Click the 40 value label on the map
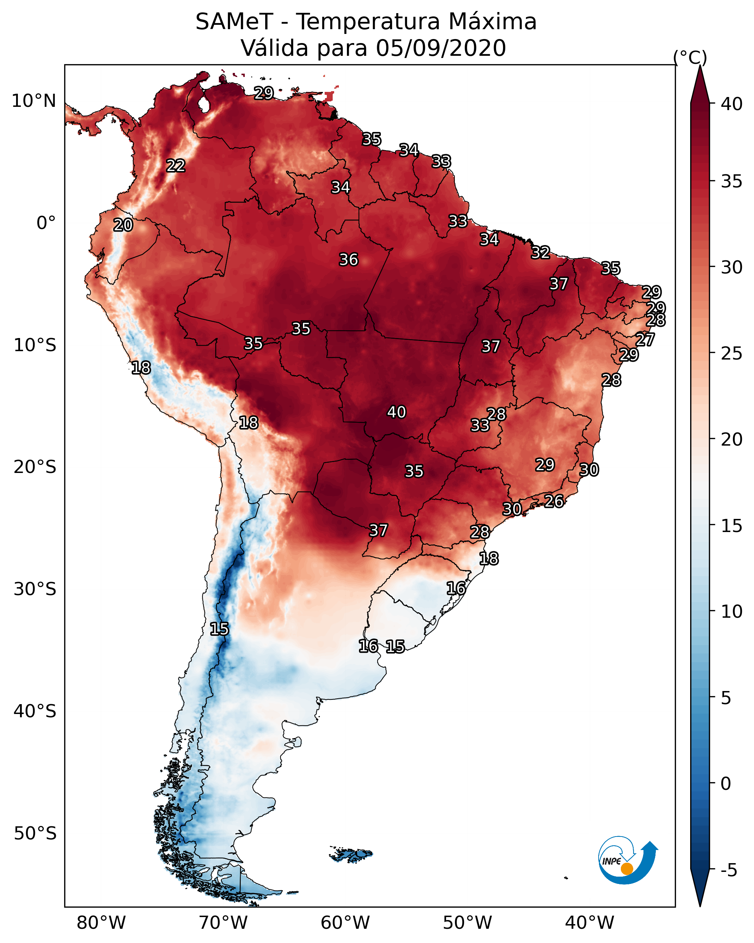397,412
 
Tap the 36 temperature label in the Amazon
349,260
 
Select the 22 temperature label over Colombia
176,166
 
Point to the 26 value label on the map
554,501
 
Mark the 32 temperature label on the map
541,252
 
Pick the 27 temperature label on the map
645,339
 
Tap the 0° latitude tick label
46,223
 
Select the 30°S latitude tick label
35,590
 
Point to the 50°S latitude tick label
35,834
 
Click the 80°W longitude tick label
101,923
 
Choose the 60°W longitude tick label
345,923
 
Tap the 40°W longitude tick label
589,923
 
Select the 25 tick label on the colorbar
732,353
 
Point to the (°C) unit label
690,57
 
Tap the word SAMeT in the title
234,22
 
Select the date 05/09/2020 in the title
441,48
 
